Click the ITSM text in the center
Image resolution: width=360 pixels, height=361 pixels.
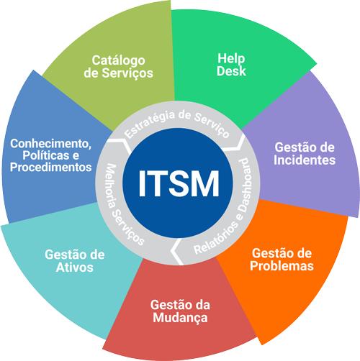point(179,183)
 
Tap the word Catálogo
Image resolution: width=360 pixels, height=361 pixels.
point(118,61)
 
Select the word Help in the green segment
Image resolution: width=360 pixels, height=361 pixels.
point(231,59)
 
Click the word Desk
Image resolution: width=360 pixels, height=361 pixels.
point(231,71)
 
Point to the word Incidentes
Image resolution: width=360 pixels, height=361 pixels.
point(305,160)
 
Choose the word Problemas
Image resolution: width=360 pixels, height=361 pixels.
point(282,265)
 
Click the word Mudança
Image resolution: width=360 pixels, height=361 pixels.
point(180,318)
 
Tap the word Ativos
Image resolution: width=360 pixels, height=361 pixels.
point(74,268)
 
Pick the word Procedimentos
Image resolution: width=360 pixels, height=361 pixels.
point(51,167)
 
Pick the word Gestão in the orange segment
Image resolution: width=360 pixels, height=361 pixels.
point(270,253)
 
